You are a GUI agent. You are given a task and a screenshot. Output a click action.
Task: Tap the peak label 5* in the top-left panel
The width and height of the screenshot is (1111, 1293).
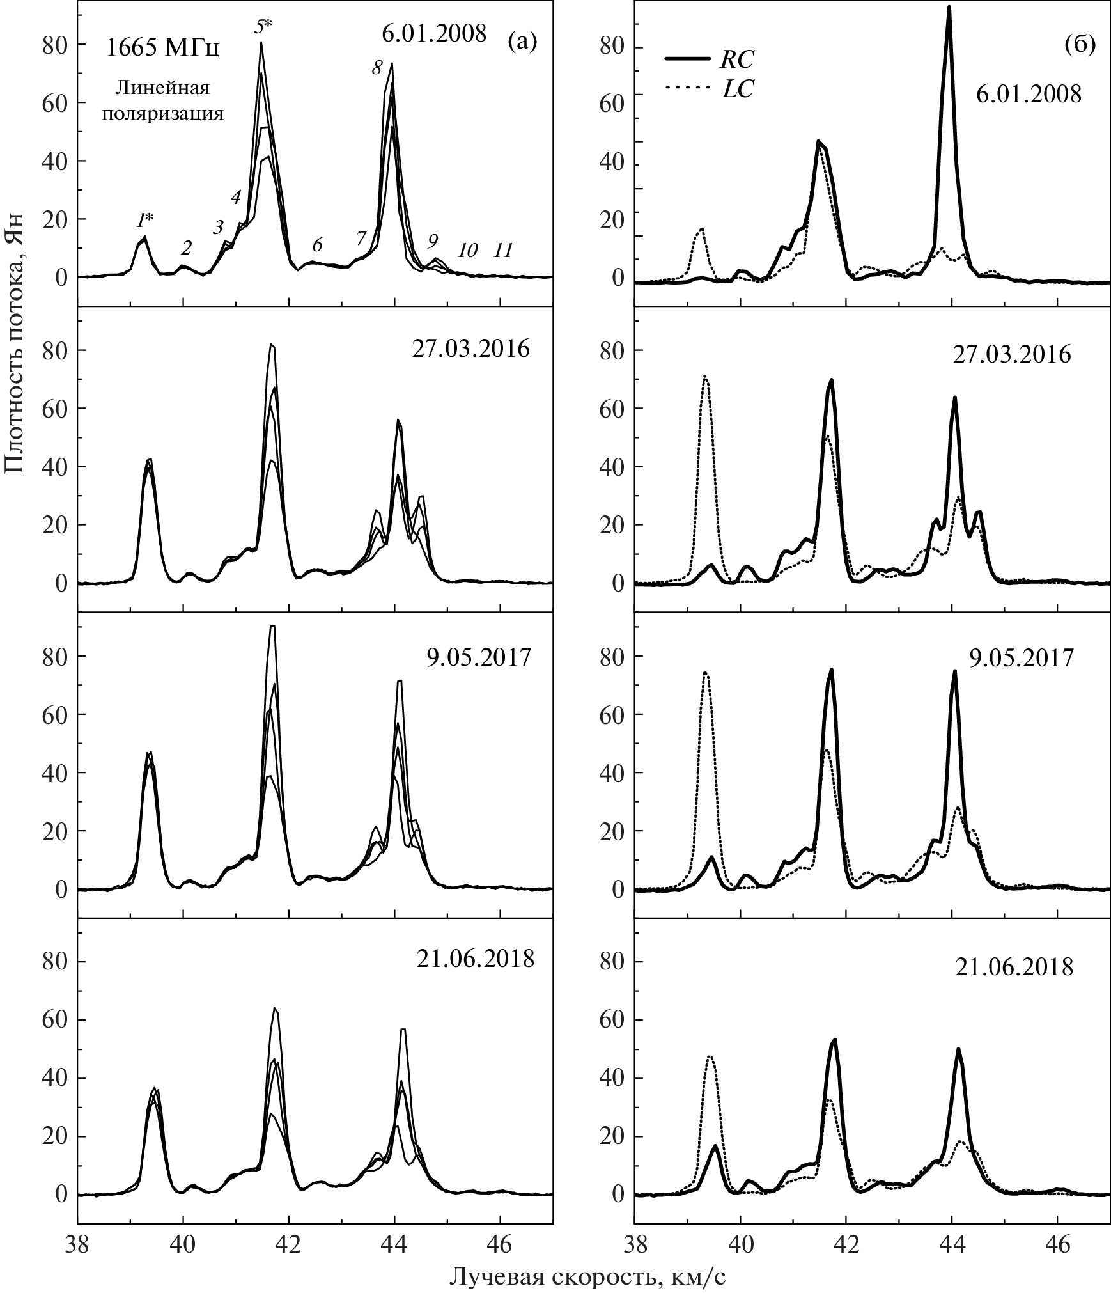[x=261, y=27]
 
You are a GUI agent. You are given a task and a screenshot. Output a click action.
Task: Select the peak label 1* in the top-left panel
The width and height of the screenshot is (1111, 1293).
[x=144, y=221]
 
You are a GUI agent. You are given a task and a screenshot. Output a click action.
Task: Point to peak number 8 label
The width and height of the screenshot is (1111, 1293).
[x=377, y=68]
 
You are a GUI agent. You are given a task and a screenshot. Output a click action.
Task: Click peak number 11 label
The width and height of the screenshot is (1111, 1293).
[x=503, y=250]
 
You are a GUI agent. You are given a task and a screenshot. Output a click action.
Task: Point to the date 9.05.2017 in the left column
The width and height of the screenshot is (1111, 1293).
[x=479, y=657]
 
